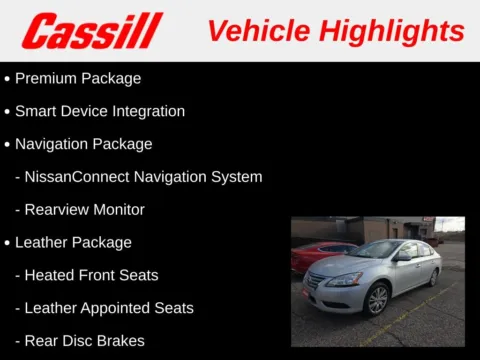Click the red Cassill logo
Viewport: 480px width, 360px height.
coord(92,31)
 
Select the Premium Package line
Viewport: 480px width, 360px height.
coord(77,78)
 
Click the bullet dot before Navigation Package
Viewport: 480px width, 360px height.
coord(8,144)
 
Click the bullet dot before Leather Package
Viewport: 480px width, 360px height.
coord(8,243)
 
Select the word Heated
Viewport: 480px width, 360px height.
coord(49,275)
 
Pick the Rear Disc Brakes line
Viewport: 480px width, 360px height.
coord(84,341)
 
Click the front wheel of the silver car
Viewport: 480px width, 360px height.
coord(377,298)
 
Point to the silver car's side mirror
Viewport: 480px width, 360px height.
coord(402,258)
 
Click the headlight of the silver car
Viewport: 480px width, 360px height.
coord(345,279)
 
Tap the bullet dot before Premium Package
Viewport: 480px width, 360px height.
coord(8,78)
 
